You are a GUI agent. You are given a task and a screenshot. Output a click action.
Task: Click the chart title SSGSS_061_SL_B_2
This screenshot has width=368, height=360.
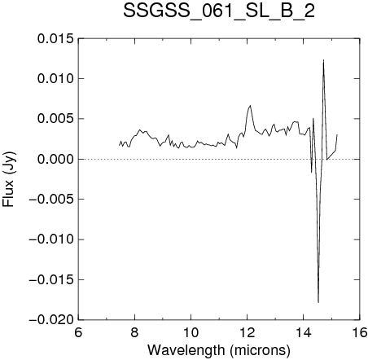219,11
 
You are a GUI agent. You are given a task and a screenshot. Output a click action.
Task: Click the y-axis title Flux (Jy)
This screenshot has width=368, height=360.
8,179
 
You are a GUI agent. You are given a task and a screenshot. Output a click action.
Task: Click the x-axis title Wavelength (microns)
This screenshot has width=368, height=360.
219,350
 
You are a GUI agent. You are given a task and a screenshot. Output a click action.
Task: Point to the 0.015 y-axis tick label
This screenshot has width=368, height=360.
55,38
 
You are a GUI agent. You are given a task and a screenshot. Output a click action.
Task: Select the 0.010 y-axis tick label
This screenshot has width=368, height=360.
55,79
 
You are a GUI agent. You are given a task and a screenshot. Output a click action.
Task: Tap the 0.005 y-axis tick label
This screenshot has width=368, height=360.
55,119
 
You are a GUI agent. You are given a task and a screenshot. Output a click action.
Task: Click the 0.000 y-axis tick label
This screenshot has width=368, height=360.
55,159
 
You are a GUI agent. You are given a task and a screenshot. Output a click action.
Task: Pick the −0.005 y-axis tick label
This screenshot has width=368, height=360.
51,200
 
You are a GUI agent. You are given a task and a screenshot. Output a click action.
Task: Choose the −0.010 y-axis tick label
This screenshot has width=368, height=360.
51,239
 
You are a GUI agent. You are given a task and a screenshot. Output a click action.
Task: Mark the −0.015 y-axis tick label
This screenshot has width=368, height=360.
51,279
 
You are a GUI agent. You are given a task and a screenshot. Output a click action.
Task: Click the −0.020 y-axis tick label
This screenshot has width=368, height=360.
51,320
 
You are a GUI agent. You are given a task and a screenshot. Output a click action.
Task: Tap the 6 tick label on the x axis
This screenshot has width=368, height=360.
78,332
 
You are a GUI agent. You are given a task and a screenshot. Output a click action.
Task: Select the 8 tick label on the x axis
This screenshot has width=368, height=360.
134,332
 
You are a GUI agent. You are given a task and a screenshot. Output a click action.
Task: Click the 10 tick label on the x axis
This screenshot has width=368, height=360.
191,332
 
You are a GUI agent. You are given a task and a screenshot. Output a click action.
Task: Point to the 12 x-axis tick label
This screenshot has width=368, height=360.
248,332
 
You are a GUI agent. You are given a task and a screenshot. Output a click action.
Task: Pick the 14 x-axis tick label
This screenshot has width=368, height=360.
304,332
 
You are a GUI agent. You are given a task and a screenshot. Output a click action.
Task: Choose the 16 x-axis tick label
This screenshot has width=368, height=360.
360,332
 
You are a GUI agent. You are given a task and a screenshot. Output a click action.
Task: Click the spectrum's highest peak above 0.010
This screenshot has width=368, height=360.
323,60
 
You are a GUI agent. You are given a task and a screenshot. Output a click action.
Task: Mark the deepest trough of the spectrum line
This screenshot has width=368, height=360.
318,302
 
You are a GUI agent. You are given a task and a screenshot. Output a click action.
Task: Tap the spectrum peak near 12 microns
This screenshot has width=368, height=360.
250,105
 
